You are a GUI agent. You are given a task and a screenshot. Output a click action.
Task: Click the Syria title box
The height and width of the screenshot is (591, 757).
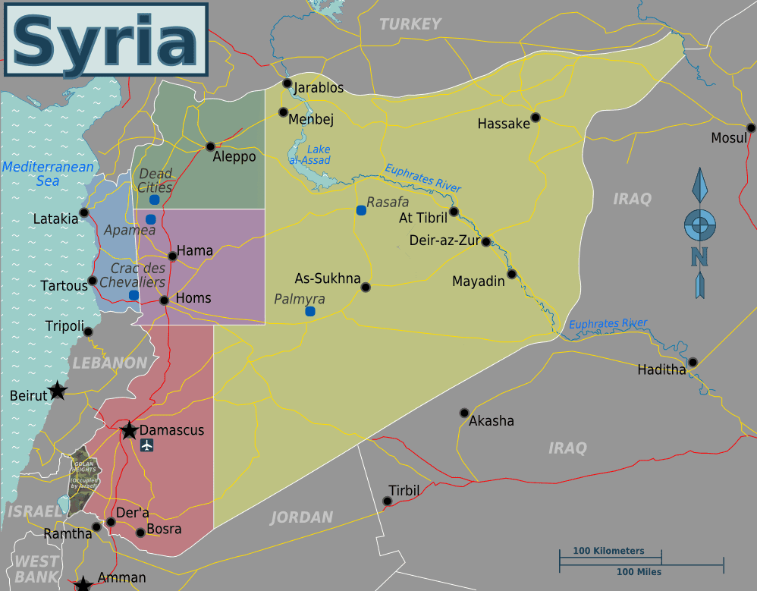107,40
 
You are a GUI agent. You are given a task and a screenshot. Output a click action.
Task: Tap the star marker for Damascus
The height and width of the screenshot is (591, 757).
129,431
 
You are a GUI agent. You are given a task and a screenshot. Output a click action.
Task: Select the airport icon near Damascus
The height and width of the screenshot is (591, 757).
147,445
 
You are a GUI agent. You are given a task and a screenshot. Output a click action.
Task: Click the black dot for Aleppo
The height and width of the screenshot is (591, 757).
210,146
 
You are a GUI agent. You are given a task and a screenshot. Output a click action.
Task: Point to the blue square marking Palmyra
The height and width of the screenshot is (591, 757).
309,311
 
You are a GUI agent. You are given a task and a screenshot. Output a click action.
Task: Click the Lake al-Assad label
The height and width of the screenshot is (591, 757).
309,155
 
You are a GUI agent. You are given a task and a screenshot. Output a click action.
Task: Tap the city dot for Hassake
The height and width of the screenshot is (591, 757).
536,117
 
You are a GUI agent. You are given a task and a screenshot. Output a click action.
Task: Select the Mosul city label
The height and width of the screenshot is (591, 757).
728,138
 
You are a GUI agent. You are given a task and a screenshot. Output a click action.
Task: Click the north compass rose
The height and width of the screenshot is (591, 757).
699,225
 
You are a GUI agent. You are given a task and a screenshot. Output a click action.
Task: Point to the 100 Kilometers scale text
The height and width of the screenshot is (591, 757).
608,551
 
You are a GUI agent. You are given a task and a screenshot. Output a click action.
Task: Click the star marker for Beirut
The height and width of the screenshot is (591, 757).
58,391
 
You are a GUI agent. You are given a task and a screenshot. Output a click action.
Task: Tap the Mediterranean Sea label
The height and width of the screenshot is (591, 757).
48,174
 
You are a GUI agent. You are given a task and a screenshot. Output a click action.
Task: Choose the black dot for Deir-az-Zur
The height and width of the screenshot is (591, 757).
485,242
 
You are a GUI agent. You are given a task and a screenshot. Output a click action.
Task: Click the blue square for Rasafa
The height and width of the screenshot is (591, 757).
361,210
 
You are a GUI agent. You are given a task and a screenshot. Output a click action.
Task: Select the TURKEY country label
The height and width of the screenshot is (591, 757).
410,24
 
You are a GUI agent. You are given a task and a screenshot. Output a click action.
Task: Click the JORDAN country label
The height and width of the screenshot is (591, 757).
302,517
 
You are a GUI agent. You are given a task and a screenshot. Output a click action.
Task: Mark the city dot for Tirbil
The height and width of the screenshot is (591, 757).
388,501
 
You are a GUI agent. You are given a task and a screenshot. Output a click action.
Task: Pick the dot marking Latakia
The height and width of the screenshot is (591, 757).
84,213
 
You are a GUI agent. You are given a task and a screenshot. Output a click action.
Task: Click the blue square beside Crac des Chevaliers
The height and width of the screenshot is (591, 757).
133,295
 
